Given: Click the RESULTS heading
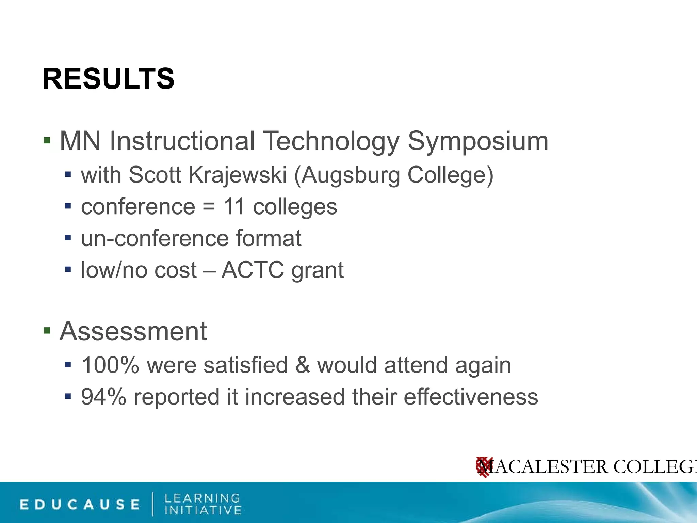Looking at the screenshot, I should (x=108, y=79).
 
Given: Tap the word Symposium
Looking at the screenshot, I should (x=478, y=141).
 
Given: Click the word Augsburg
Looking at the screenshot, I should (x=350, y=176).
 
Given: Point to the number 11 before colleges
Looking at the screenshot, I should (x=234, y=207).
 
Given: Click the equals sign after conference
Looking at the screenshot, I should (x=209, y=207).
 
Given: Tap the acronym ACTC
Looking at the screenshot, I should (x=253, y=270).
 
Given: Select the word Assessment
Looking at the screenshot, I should (x=133, y=331).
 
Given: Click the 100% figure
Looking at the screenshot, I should (x=110, y=365).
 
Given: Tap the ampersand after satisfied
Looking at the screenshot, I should (x=303, y=365).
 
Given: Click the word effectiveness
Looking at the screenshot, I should (x=471, y=397).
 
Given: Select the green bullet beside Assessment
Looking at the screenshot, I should (x=47, y=330).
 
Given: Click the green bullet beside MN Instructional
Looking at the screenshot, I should (x=47, y=140).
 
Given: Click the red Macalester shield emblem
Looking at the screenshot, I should (x=484, y=467).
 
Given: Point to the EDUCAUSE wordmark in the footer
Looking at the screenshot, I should (x=80, y=504).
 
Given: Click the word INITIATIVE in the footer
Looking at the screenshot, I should (x=203, y=510).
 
